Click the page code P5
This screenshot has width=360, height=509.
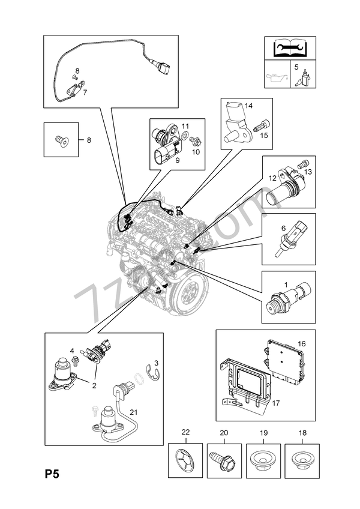click(x=52, y=475)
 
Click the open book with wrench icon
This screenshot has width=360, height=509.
click(x=290, y=48)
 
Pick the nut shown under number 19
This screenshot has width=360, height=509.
click(x=263, y=462)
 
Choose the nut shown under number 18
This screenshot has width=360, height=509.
click(x=302, y=462)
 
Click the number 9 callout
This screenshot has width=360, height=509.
click(x=178, y=160)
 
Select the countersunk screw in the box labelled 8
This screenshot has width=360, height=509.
click(x=61, y=140)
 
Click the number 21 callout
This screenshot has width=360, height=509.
click(x=134, y=412)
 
